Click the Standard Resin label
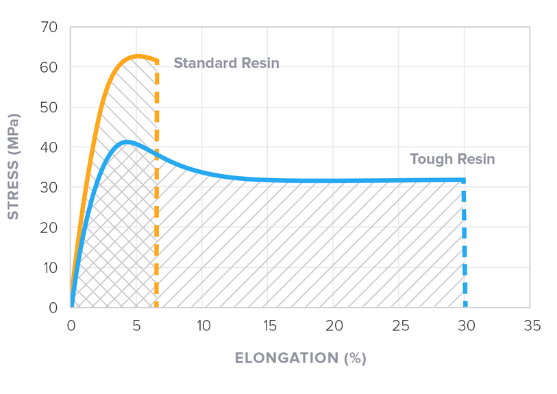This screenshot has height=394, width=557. tap(226, 63)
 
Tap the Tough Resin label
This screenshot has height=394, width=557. tap(452, 159)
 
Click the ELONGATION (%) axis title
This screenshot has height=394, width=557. tap(300, 358)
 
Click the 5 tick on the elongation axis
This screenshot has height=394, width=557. tap(137, 326)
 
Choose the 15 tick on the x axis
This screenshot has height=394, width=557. tap(268, 326)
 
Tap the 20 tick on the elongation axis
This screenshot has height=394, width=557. tap(334, 326)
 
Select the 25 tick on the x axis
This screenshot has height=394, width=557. tap(399, 326)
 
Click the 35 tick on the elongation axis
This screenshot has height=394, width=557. tap(531, 326)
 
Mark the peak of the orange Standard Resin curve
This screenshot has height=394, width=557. tap(138, 56)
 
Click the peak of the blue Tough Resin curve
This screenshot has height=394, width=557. tap(126, 143)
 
